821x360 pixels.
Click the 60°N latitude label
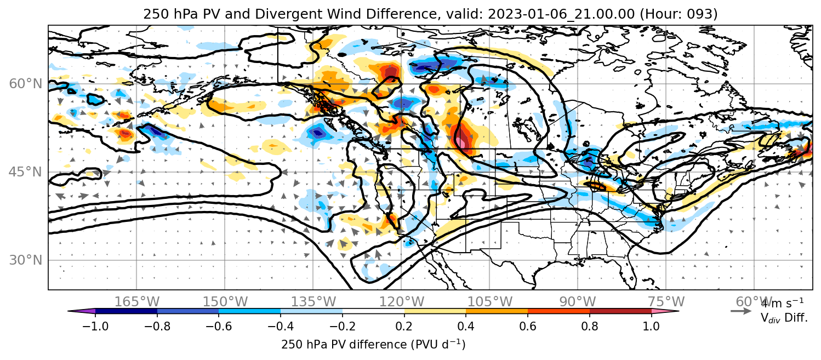[25, 84]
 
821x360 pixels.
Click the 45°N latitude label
[25, 172]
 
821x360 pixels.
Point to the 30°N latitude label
[25, 260]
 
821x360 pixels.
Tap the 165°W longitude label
[137, 302]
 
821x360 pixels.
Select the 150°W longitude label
[225, 302]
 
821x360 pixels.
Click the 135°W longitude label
[313, 302]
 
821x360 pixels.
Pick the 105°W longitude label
[489, 302]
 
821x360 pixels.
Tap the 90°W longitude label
[578, 302]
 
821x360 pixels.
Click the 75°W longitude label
[666, 302]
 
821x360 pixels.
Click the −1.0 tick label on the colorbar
[95, 326]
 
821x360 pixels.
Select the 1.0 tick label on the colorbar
[651, 326]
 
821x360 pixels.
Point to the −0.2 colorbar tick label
[343, 326]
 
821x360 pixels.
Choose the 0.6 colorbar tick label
[528, 326]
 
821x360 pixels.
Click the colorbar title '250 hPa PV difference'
[344, 345]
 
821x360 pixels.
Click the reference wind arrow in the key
[741, 311]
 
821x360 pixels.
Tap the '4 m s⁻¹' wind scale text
[782, 304]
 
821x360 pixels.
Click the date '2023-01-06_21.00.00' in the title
[561, 14]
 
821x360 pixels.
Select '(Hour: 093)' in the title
[679, 14]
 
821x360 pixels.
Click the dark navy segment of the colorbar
[127, 311]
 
